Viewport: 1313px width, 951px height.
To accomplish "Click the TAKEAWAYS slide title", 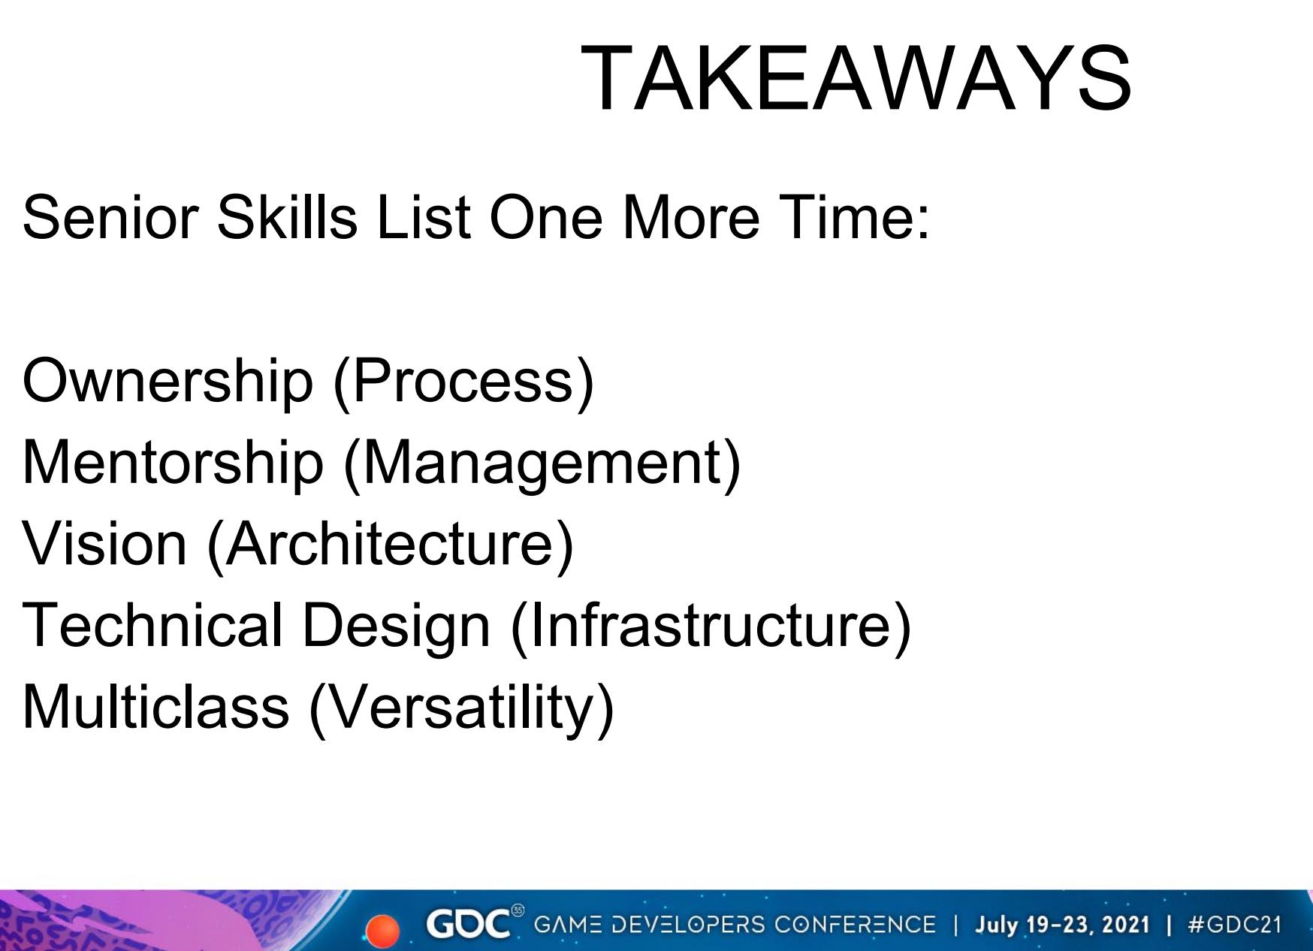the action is point(856,78).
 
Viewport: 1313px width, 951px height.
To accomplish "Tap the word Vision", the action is point(105,542).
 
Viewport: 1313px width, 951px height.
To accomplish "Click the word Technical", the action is point(153,623).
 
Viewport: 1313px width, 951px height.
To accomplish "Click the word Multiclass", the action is point(156,705).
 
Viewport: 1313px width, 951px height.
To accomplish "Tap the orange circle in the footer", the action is point(383,931).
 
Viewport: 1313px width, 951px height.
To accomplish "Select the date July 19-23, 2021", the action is point(1062,924).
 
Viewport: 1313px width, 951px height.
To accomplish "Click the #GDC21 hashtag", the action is point(1234,924).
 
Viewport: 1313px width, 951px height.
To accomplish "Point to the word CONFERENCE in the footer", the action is point(855,924).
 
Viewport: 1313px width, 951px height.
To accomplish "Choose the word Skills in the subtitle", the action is point(287,216).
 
